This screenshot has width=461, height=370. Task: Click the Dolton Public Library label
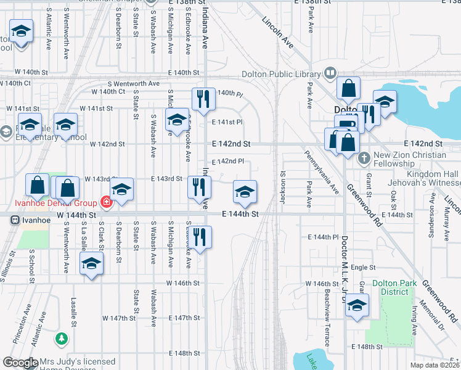pyautogui.click(x=286, y=75)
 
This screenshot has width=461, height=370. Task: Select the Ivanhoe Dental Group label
pyautogui.click(x=56, y=203)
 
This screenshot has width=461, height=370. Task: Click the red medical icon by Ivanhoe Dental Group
pyautogui.click(x=105, y=202)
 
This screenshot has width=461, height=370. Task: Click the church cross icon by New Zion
pyautogui.click(x=364, y=157)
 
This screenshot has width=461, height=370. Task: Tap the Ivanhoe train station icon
pyautogui.click(x=12, y=219)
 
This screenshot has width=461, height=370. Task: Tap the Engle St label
pyautogui.click(x=364, y=268)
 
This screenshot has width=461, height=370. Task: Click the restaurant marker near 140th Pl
pyautogui.click(x=203, y=99)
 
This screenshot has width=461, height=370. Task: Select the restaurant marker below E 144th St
pyautogui.click(x=199, y=238)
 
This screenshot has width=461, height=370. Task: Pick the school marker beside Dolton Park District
pyautogui.click(x=357, y=306)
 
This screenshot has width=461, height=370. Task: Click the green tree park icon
pyautogui.click(x=61, y=339)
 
